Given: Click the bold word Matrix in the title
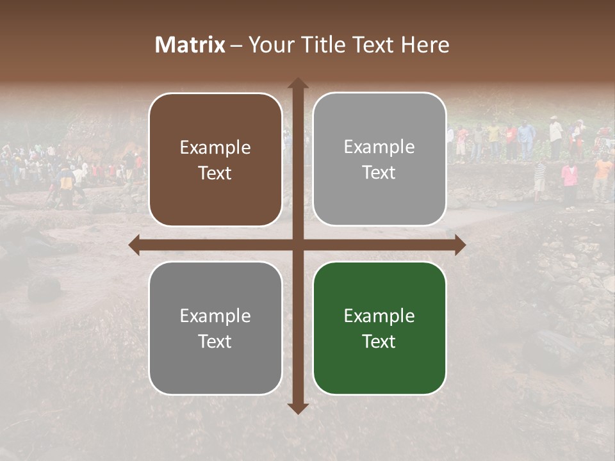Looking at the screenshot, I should pyautogui.click(x=190, y=45).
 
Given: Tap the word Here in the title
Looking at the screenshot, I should pyautogui.click(x=425, y=45).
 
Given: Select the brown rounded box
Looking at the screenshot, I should pyautogui.click(x=215, y=159).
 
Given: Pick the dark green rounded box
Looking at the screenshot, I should pyautogui.click(x=379, y=328).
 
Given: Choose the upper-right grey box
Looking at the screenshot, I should pyautogui.click(x=379, y=159).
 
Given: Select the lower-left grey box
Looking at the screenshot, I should pyautogui.click(x=215, y=328).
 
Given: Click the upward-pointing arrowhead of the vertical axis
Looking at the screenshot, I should pyautogui.click(x=297, y=83).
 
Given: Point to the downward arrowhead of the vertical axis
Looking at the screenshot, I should pyautogui.click(x=297, y=408).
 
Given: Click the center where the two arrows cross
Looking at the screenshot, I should pyautogui.click(x=297, y=245).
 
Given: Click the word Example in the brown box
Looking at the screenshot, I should pyautogui.click(x=215, y=147).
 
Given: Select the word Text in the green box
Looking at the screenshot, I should pyautogui.click(x=379, y=341).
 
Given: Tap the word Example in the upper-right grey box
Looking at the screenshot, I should pyautogui.click(x=379, y=147).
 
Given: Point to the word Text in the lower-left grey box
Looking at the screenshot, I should pyautogui.click(x=215, y=341).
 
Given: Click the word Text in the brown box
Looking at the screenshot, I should pyautogui.click(x=215, y=173).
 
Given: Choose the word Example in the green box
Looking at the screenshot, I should pyautogui.click(x=379, y=316).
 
